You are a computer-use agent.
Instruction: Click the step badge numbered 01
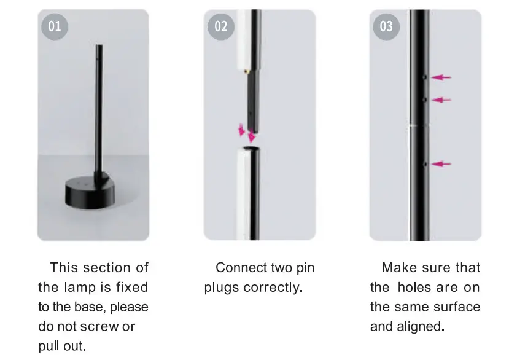coord(55,26)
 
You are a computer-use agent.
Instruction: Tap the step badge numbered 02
coord(220,26)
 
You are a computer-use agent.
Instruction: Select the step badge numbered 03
coord(386,26)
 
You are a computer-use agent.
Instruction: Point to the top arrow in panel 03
coord(441,77)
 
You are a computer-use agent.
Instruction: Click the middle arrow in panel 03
coord(441,100)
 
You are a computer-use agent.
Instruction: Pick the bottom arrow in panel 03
coord(441,164)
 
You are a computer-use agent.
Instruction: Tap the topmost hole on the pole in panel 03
coord(425,77)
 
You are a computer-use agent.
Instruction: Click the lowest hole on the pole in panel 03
coord(425,164)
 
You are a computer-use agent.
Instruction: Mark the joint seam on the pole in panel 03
coord(420,125)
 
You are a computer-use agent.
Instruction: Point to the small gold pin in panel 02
coord(246,72)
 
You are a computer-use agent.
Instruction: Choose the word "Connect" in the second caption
coord(240,268)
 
